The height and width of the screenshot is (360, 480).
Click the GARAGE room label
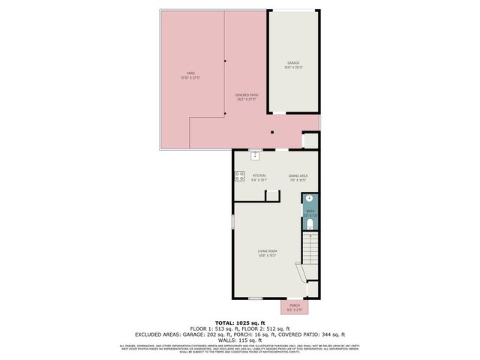point(292,63)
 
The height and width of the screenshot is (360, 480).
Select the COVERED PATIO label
point(247,94)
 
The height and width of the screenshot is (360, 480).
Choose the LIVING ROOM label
point(268,250)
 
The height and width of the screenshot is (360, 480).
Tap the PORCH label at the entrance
point(295,305)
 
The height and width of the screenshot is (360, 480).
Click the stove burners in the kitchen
point(239,177)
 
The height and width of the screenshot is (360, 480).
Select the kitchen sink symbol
point(255,155)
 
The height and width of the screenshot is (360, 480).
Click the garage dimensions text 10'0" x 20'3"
point(292,67)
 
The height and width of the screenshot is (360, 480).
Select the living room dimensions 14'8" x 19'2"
point(268,256)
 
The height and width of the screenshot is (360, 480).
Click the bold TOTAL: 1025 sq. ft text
point(239,322)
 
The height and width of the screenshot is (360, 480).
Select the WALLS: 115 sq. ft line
point(239,338)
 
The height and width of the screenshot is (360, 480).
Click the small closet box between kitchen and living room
point(273,195)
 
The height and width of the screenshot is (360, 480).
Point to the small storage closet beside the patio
point(310,140)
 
